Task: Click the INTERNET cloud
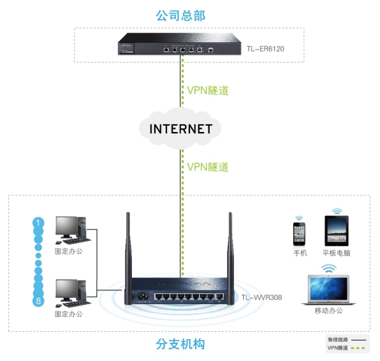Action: (x=180, y=129)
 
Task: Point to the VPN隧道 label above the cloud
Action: (x=207, y=90)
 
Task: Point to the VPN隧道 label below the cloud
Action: (x=207, y=167)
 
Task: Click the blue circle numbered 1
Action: (x=39, y=223)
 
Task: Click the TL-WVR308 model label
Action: (x=261, y=297)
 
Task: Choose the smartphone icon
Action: (x=300, y=233)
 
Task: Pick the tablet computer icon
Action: (x=337, y=231)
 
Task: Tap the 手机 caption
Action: (x=300, y=253)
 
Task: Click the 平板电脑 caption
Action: (x=336, y=253)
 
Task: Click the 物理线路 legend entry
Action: (x=338, y=340)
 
